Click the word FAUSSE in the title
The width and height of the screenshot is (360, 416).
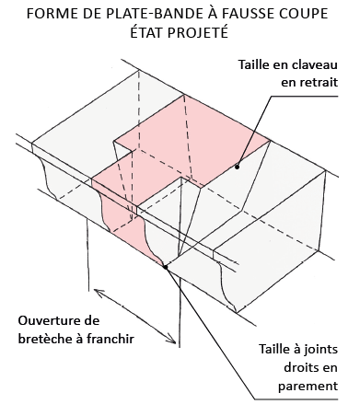[250, 14]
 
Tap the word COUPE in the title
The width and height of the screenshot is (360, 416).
[306, 14]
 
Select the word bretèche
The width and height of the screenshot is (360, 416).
[44, 339]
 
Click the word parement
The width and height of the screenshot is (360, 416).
[308, 386]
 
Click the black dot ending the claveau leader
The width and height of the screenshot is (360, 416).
[237, 167]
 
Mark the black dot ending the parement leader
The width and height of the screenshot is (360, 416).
[166, 267]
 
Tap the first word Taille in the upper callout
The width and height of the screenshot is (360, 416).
[252, 64]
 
